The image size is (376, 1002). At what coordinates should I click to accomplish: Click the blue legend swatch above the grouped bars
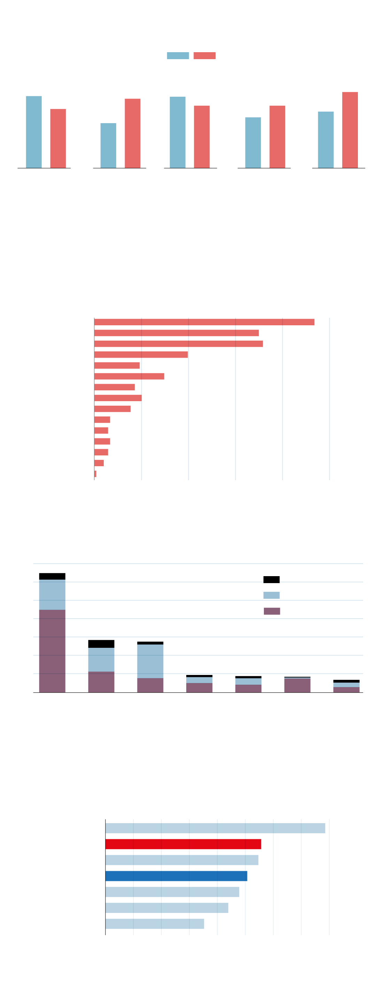178,56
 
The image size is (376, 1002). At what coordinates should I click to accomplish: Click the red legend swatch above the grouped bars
204,56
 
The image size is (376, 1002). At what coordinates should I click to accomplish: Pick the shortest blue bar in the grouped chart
108,145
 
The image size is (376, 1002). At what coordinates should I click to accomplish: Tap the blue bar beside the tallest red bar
326,140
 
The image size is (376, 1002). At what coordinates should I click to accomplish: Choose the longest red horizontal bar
204,322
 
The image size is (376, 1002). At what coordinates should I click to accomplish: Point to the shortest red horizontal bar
95,474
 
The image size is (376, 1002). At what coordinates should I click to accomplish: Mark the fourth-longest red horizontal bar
141,355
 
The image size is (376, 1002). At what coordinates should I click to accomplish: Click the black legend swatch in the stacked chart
271,580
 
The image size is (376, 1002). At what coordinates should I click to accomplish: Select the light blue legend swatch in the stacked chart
271,595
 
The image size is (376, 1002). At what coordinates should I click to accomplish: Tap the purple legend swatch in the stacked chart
272,611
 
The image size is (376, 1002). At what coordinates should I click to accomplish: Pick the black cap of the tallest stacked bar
52,576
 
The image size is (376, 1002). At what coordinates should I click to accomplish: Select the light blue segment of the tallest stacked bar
52,594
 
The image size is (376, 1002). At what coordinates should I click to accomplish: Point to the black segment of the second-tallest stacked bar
101,644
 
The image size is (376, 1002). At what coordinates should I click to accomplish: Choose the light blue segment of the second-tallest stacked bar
101,659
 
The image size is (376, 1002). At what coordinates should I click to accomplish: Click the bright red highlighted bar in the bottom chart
183,844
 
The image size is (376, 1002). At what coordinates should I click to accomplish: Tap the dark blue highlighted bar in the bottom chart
176,876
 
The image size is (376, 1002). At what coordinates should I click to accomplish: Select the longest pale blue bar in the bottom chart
215,828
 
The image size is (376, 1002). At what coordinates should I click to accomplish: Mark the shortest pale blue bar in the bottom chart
155,924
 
